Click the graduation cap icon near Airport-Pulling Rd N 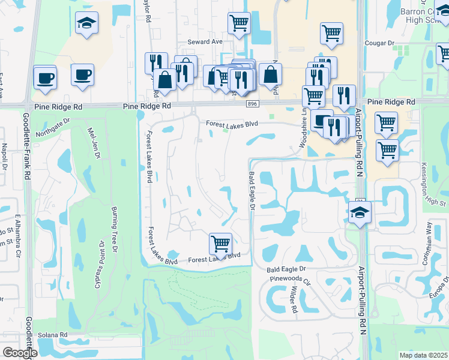pos(360,212)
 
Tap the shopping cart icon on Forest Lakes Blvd pos(220,244)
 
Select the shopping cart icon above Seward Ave pos(239,23)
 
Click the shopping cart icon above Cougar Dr pos(331,34)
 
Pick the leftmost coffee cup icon pos(44,77)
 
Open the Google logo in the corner pos(19,353)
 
